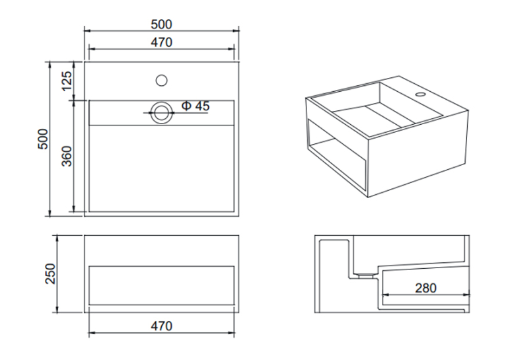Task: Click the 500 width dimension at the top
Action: [161, 24]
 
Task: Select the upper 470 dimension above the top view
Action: [161, 42]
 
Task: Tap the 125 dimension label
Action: [67, 81]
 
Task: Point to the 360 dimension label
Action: [67, 156]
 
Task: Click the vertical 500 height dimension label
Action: [43, 139]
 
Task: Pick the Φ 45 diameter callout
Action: [196, 106]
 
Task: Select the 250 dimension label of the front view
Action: [50, 274]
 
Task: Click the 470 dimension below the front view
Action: [161, 326]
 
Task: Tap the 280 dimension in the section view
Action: [425, 288]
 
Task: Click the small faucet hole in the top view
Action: [161, 81]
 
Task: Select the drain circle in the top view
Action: [161, 113]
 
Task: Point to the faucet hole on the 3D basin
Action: [420, 94]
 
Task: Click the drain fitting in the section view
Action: [365, 275]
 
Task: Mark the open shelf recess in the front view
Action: [161, 285]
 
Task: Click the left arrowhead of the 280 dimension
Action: [385, 295]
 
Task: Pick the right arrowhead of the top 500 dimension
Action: [235, 31]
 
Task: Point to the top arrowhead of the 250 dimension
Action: [57, 238]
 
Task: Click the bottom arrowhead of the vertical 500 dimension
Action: [50, 213]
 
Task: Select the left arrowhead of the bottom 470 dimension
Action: [92, 332]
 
